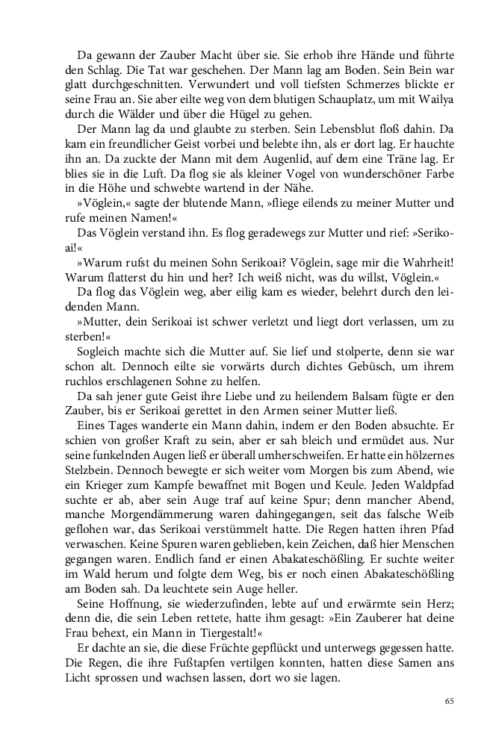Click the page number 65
point(449,701)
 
